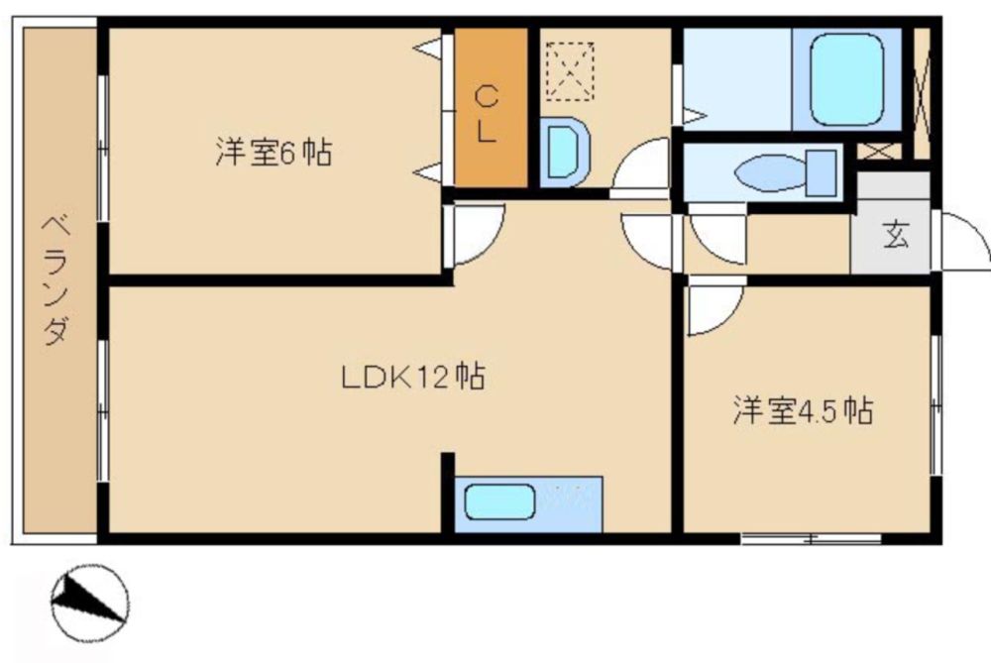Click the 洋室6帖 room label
click(274, 152)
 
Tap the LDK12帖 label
click(413, 377)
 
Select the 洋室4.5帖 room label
click(804, 410)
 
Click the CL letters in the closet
click(486, 114)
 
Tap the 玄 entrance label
click(896, 235)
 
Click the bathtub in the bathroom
click(847, 79)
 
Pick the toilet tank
click(822, 173)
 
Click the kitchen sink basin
click(499, 501)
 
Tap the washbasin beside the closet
click(565, 153)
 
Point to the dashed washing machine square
click(570, 71)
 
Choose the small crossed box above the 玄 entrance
click(878, 152)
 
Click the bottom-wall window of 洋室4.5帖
click(811, 539)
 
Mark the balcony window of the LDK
click(102, 411)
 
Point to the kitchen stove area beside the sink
click(570, 503)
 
